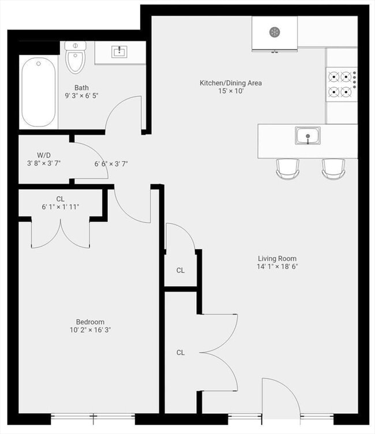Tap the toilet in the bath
(75, 57)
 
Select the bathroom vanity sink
(119, 52)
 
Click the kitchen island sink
(307, 136)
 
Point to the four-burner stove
(342, 84)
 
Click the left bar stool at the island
(287, 169)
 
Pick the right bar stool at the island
(333, 169)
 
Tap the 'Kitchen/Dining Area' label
(231, 83)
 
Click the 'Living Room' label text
(277, 259)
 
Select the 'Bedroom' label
(90, 322)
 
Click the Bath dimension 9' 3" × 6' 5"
(82, 96)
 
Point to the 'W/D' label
(44, 155)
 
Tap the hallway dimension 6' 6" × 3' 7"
(111, 164)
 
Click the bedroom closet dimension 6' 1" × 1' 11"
(61, 207)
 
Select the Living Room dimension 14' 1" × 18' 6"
(277, 267)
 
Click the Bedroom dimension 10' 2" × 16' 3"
(90, 330)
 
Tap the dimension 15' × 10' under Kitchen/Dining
(231, 91)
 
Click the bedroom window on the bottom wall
(93, 419)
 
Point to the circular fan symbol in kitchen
(275, 32)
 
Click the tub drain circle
(39, 63)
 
